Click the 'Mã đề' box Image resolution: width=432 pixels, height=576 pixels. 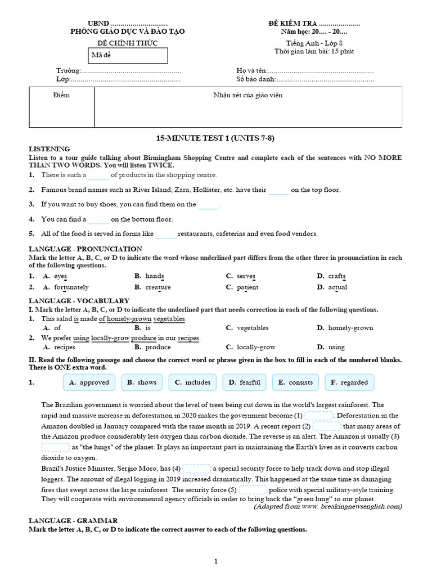tap(128, 56)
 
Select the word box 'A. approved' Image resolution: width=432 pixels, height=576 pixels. tap(89, 382)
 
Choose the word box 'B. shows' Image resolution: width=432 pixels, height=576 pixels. tap(142, 382)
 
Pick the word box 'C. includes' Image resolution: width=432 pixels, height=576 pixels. tap(192, 382)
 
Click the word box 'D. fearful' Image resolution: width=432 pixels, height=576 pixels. tap(244, 382)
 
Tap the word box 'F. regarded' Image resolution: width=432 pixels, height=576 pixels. tap(349, 382)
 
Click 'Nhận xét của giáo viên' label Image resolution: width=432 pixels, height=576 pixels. tap(247, 96)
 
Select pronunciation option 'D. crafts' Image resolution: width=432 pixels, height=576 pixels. tap(331, 276)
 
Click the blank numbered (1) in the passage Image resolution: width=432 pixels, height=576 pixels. tap(318, 416)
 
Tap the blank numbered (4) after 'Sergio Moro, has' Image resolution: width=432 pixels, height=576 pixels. tap(196, 469)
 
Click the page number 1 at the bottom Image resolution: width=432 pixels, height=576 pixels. tap(215, 561)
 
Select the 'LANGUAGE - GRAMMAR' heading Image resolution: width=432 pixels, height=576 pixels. tap(73, 521)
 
